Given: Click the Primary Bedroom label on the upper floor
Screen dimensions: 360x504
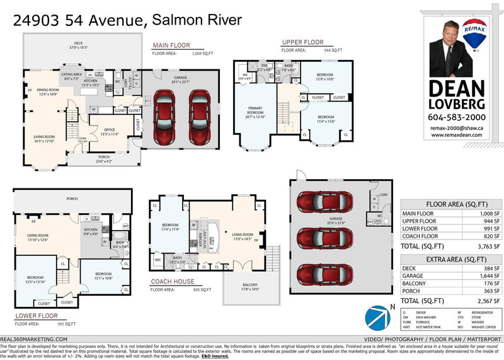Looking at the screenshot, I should (x=255, y=113).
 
